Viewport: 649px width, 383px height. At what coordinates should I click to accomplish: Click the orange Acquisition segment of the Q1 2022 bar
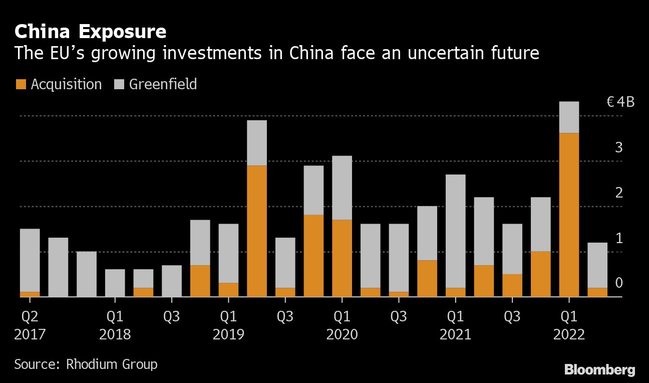[x=569, y=215]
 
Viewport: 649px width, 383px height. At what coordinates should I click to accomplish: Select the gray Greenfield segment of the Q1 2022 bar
[x=569, y=117]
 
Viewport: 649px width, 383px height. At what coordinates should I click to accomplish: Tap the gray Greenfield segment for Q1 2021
[x=456, y=231]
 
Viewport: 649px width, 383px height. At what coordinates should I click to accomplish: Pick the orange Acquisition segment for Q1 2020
[x=342, y=258]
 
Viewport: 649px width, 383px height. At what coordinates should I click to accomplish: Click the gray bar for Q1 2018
[x=115, y=283]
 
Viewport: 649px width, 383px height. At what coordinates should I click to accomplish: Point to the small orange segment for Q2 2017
[x=30, y=294]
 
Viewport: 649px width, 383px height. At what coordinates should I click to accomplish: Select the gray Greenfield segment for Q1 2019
[x=228, y=253]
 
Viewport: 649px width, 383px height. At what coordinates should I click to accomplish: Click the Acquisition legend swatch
[x=21, y=84]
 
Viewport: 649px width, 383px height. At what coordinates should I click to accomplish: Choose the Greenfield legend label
[x=163, y=84]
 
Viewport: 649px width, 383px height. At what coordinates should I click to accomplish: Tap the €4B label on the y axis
[x=620, y=102]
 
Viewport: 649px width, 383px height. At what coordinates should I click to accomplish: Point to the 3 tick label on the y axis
[x=618, y=148]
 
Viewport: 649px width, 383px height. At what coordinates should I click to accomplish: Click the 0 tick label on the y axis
[x=618, y=283]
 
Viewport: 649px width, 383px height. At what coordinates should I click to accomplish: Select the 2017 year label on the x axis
[x=30, y=334]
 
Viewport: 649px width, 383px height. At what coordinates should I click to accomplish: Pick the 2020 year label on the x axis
[x=342, y=334]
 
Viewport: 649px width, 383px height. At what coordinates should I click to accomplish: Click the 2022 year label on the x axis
[x=569, y=334]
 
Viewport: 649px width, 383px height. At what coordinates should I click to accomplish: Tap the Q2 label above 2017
[x=30, y=316]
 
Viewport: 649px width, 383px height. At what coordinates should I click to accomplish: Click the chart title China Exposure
[x=91, y=32]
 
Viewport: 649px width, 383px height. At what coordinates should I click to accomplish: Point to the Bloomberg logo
[x=600, y=370]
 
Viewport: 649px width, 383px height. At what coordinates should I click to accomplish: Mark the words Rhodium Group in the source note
[x=112, y=364]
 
